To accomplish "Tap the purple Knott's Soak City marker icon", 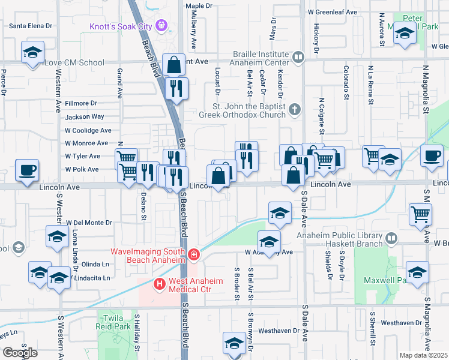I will tap(161, 26).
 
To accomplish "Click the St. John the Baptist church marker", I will tap(294, 110).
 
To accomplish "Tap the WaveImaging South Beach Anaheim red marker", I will tap(193, 255).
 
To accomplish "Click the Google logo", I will tap(20, 352).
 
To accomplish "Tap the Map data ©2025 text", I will tap(424, 355).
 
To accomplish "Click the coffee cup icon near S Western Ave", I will tap(26, 170).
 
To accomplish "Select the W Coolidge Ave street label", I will tap(88, 130).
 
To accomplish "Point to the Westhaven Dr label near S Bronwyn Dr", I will tap(279, 331).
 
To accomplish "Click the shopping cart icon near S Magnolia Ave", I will tap(420, 214).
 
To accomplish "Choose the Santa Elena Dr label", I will tap(31, 26).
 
